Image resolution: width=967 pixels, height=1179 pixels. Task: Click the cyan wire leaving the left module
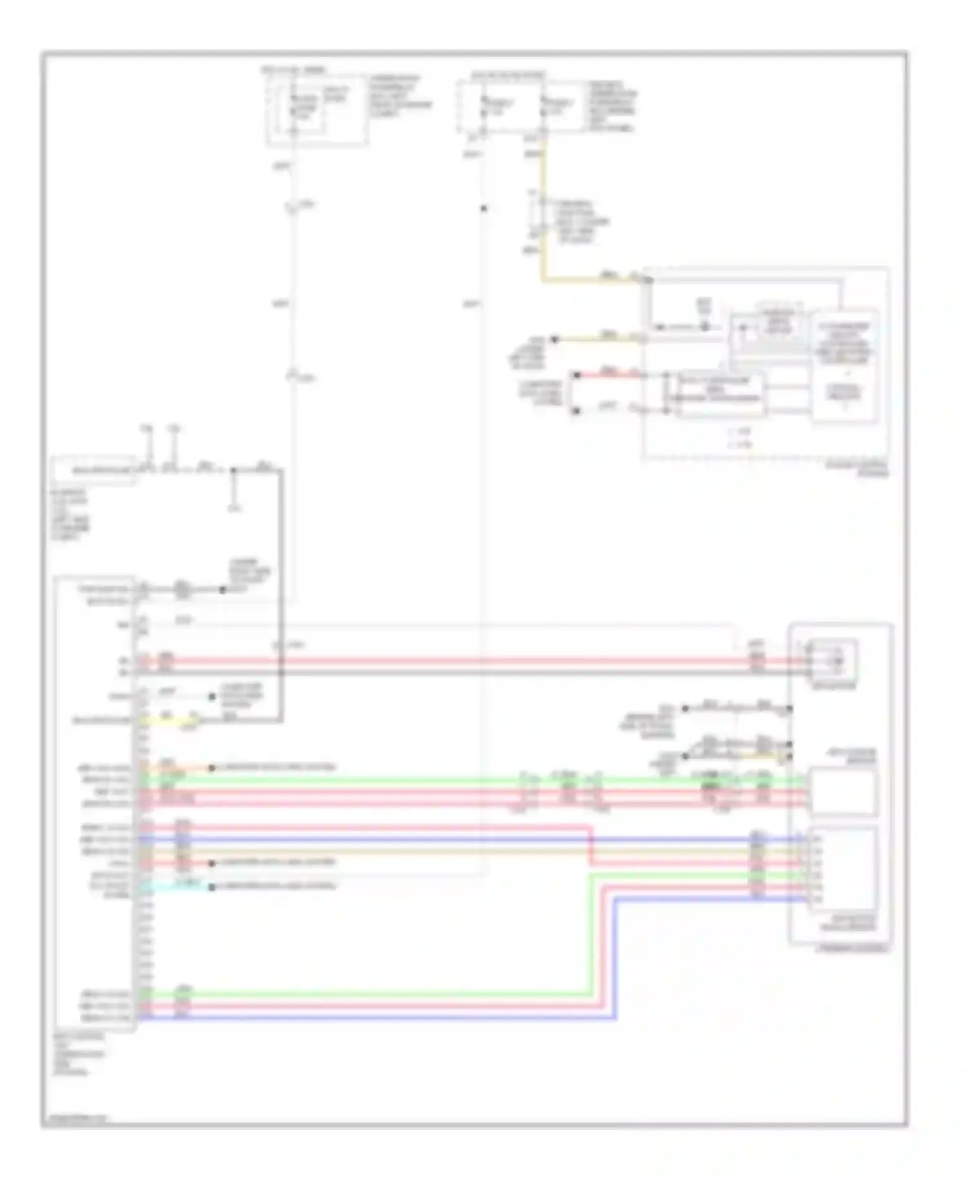[x=174, y=885]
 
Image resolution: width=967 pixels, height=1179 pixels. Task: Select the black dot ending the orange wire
[x=211, y=768]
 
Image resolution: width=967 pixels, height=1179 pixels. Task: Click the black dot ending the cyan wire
[x=211, y=887]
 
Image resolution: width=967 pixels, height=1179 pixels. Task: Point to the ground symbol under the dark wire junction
[x=234, y=507]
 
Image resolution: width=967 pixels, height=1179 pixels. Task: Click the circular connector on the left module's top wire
[x=182, y=589]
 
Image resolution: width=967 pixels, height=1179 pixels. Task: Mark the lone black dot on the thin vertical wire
[x=484, y=208]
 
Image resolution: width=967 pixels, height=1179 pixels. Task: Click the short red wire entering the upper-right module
[x=609, y=374]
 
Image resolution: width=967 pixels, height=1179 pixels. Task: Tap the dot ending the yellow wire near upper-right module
[x=554, y=339]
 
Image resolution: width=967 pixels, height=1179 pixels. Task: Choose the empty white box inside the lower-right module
[x=843, y=791]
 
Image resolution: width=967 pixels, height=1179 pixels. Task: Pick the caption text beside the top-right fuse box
[x=611, y=106]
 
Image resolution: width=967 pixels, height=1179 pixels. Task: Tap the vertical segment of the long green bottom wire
[x=589, y=935]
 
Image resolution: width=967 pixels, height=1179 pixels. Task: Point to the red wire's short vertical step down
[x=590, y=845]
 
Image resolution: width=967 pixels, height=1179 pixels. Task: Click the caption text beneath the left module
[x=79, y=1055]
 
